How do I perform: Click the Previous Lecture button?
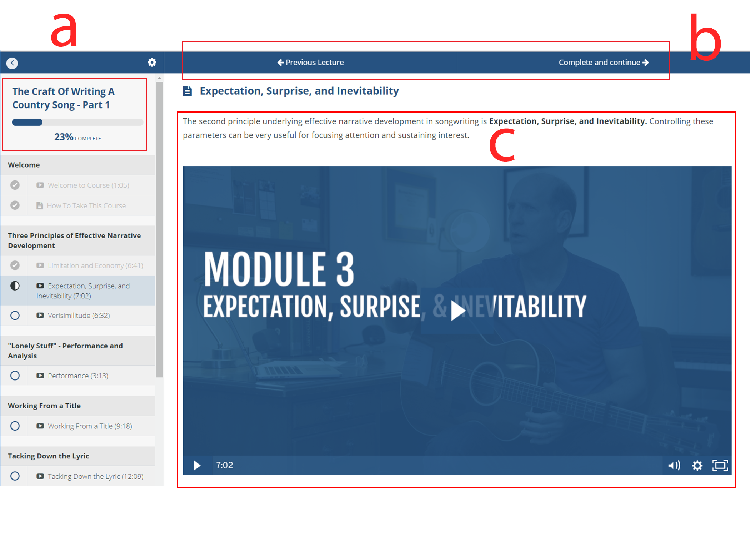coord(310,63)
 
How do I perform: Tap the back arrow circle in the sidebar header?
coord(12,63)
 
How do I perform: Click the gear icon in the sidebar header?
coord(152,63)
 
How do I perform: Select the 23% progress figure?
coord(64,137)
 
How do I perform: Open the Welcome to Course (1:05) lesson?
coord(89,185)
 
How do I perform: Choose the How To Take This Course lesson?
coord(86,205)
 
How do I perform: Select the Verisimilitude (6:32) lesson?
coord(79,316)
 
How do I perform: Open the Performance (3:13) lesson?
coord(78,376)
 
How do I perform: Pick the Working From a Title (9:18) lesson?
coord(90,426)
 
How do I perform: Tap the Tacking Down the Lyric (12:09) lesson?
coord(96,476)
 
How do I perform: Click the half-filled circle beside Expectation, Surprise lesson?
coord(15,286)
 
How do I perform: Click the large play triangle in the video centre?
coord(457,311)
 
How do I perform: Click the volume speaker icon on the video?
coord(674,465)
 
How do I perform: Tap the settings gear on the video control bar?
coord(697,465)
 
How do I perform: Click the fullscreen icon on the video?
coord(720,465)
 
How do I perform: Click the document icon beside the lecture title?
coord(187,91)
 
